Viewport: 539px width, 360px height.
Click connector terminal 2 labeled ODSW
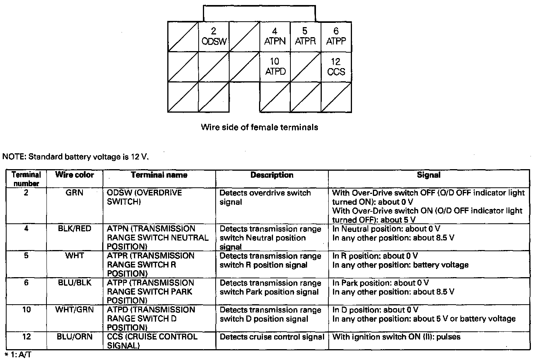coord(214,36)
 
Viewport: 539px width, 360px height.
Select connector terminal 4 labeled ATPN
coord(275,36)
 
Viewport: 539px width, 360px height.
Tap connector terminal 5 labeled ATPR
coord(305,36)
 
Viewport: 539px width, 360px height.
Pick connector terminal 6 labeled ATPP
coord(336,36)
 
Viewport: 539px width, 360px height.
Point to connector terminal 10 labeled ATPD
coord(275,67)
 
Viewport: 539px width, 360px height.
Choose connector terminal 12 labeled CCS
coord(336,67)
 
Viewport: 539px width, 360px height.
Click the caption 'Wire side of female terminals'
coord(259,127)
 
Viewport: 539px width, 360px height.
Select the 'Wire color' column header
coord(74,175)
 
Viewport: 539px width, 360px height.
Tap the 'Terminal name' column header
coord(159,175)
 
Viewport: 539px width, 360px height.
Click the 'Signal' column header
coord(429,175)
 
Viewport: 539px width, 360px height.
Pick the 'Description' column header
coord(272,175)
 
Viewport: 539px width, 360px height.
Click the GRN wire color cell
coord(74,193)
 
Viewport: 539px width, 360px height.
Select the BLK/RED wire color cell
coord(74,229)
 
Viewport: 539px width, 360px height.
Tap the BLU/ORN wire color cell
coord(74,337)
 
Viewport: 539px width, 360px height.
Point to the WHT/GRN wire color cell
coord(74,310)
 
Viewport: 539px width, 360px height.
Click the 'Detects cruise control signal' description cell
coord(272,337)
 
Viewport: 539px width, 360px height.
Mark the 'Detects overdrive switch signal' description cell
coord(265,197)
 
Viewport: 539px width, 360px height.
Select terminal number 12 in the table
coord(26,337)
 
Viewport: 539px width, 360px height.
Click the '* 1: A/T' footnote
coord(17,354)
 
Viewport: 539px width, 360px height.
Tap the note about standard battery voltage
coord(76,157)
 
